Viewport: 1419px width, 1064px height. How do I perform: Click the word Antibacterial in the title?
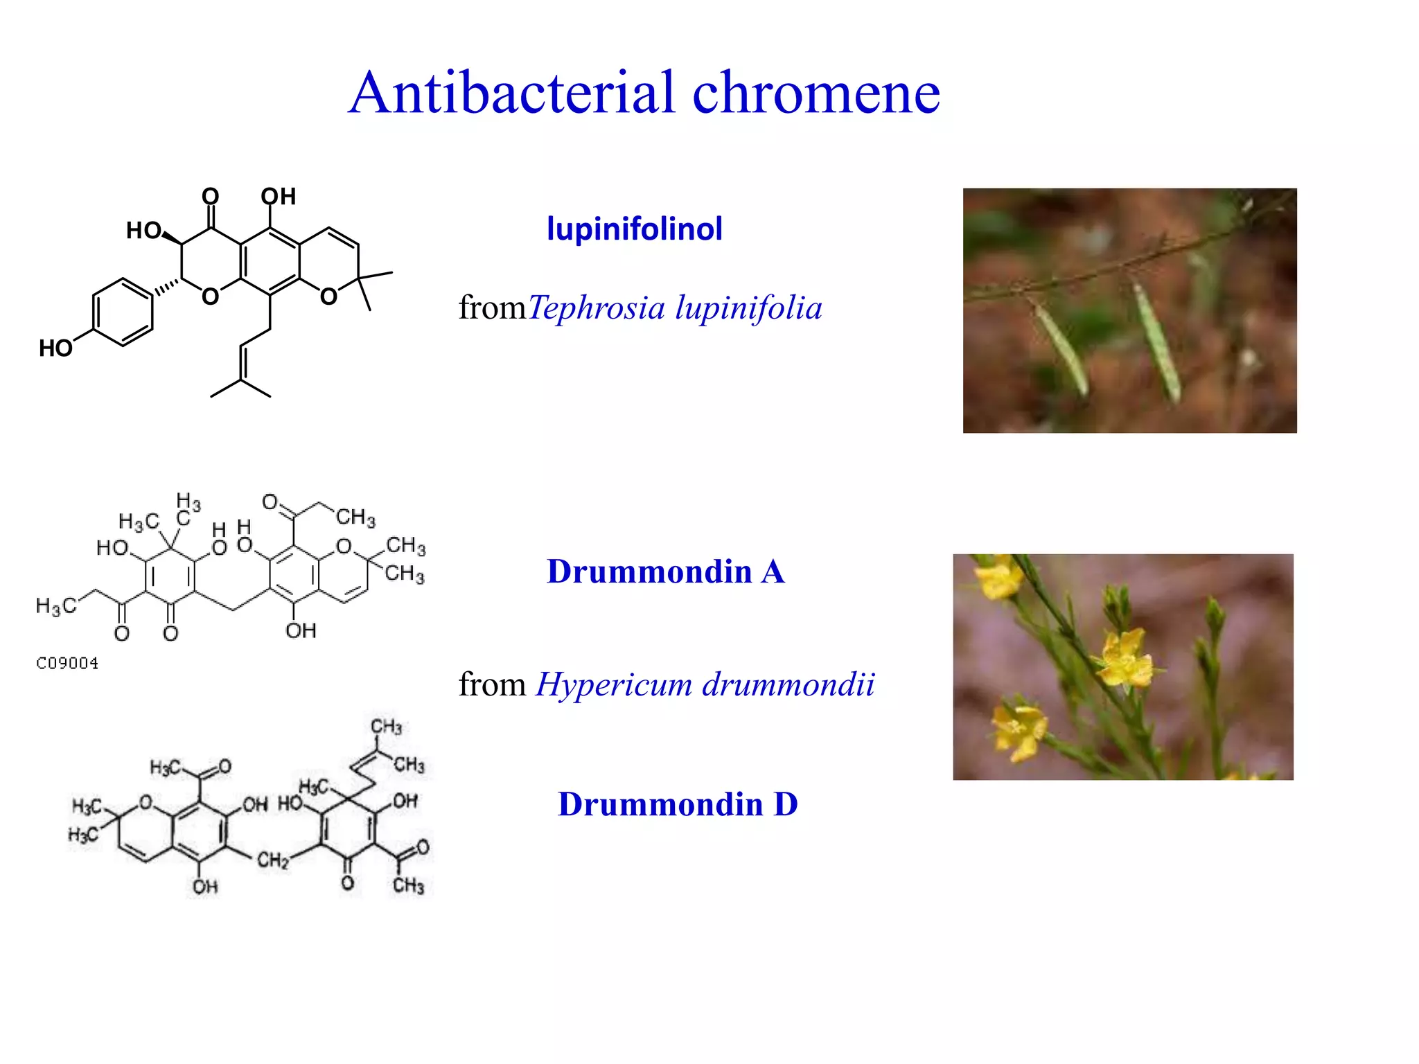[x=511, y=93]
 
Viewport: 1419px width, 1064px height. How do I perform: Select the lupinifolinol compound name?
[x=634, y=229]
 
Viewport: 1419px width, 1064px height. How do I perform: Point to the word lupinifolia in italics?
[x=748, y=308]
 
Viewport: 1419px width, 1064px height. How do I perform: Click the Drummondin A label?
[x=665, y=572]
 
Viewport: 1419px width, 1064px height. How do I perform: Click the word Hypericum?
[x=613, y=685]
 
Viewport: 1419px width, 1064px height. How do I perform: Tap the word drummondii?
[x=788, y=685]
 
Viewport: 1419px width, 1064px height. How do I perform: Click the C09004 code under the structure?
[x=67, y=664]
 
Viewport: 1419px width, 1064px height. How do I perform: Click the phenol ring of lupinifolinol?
[x=123, y=312]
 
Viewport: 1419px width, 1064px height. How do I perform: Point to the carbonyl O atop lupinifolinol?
[x=211, y=197]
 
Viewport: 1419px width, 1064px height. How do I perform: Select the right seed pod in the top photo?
[x=1156, y=339]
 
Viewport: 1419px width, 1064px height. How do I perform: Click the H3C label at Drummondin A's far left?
[x=55, y=607]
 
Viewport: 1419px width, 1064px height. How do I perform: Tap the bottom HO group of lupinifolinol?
[x=55, y=348]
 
